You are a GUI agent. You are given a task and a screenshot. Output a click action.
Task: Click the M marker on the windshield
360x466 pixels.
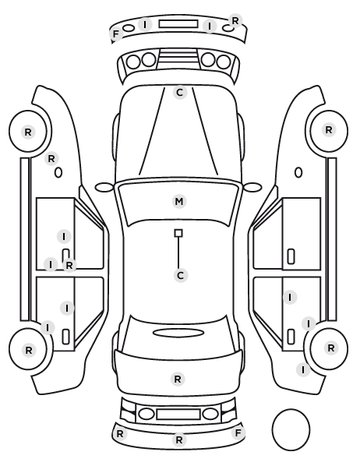pyautogui.click(x=179, y=202)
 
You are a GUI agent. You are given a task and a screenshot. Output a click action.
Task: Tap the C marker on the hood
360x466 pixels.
pyautogui.click(x=179, y=93)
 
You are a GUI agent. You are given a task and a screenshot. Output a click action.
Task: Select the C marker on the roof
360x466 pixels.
pyautogui.click(x=180, y=276)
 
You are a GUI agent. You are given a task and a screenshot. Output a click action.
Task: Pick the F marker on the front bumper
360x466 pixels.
pyautogui.click(x=116, y=34)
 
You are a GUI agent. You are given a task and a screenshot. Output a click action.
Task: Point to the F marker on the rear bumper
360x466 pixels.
pyautogui.click(x=238, y=433)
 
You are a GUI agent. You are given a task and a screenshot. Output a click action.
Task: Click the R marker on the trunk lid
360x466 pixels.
pyautogui.click(x=178, y=380)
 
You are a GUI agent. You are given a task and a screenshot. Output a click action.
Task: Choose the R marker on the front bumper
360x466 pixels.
pyautogui.click(x=235, y=21)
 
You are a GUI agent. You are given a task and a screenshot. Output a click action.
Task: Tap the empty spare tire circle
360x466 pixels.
pyautogui.click(x=291, y=429)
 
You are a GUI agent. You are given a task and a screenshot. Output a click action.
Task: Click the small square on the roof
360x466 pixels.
pyautogui.click(x=178, y=233)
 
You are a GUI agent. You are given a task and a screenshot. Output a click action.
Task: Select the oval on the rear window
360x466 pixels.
pyautogui.click(x=178, y=333)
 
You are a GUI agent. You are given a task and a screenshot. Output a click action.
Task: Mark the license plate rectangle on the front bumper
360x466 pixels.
pyautogui.click(x=178, y=24)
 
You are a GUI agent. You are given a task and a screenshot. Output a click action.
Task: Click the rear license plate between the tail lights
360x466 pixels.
pyautogui.click(x=178, y=415)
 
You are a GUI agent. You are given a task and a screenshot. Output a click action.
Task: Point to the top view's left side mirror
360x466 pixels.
pyautogui.click(x=104, y=188)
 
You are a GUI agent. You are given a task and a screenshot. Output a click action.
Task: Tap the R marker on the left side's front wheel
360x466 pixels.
pyautogui.click(x=27, y=132)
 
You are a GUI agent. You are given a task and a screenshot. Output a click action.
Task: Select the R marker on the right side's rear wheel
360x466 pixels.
pyautogui.click(x=331, y=348)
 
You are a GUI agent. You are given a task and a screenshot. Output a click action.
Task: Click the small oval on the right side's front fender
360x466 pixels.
pyautogui.click(x=298, y=173)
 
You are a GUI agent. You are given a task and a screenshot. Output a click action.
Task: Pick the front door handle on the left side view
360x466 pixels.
pyautogui.click(x=65, y=256)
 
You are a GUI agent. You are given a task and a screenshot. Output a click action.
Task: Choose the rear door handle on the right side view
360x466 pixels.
pyautogui.click(x=291, y=337)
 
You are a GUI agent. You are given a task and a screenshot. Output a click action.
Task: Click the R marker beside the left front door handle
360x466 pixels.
pyautogui.click(x=69, y=265)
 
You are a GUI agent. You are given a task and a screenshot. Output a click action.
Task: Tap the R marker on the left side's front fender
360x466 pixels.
pyautogui.click(x=51, y=159)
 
